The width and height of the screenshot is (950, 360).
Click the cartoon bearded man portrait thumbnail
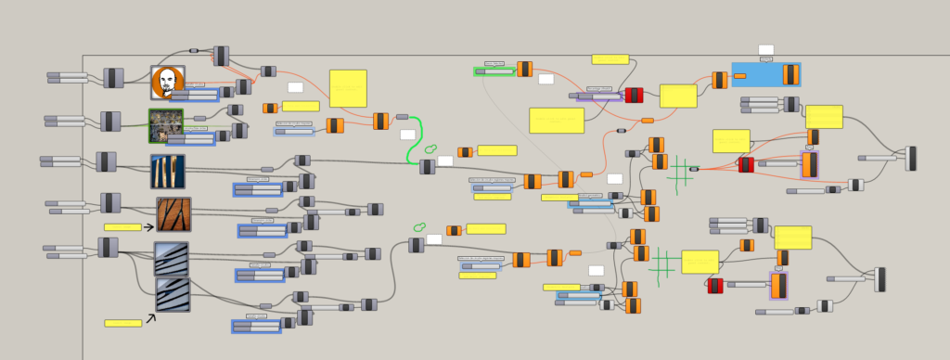[x=167, y=82]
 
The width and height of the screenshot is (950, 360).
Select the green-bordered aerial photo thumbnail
[x=166, y=125]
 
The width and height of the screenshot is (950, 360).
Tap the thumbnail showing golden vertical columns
[x=168, y=172]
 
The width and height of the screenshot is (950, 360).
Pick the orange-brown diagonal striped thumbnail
[x=173, y=214]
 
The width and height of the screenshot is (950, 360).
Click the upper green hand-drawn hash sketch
[x=680, y=173]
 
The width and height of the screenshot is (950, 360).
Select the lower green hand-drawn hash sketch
[x=662, y=264]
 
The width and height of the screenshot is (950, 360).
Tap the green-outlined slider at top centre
[x=494, y=71]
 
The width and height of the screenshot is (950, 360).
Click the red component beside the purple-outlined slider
[x=634, y=95]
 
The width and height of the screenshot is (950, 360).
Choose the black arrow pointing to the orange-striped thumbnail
[x=148, y=226]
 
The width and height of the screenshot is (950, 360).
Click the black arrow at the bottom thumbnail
[x=149, y=319]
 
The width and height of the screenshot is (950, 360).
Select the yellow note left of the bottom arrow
[x=122, y=323]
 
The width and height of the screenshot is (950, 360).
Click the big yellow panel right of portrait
[x=348, y=88]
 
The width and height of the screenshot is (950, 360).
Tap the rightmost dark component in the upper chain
[x=911, y=158]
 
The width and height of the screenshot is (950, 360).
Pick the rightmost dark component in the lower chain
[x=879, y=279]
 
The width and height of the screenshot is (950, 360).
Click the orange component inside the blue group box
[x=790, y=74]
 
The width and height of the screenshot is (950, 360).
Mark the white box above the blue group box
[x=765, y=50]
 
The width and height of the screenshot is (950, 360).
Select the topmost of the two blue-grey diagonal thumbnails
[x=172, y=258]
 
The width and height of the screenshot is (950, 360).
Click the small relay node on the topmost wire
[x=194, y=50]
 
